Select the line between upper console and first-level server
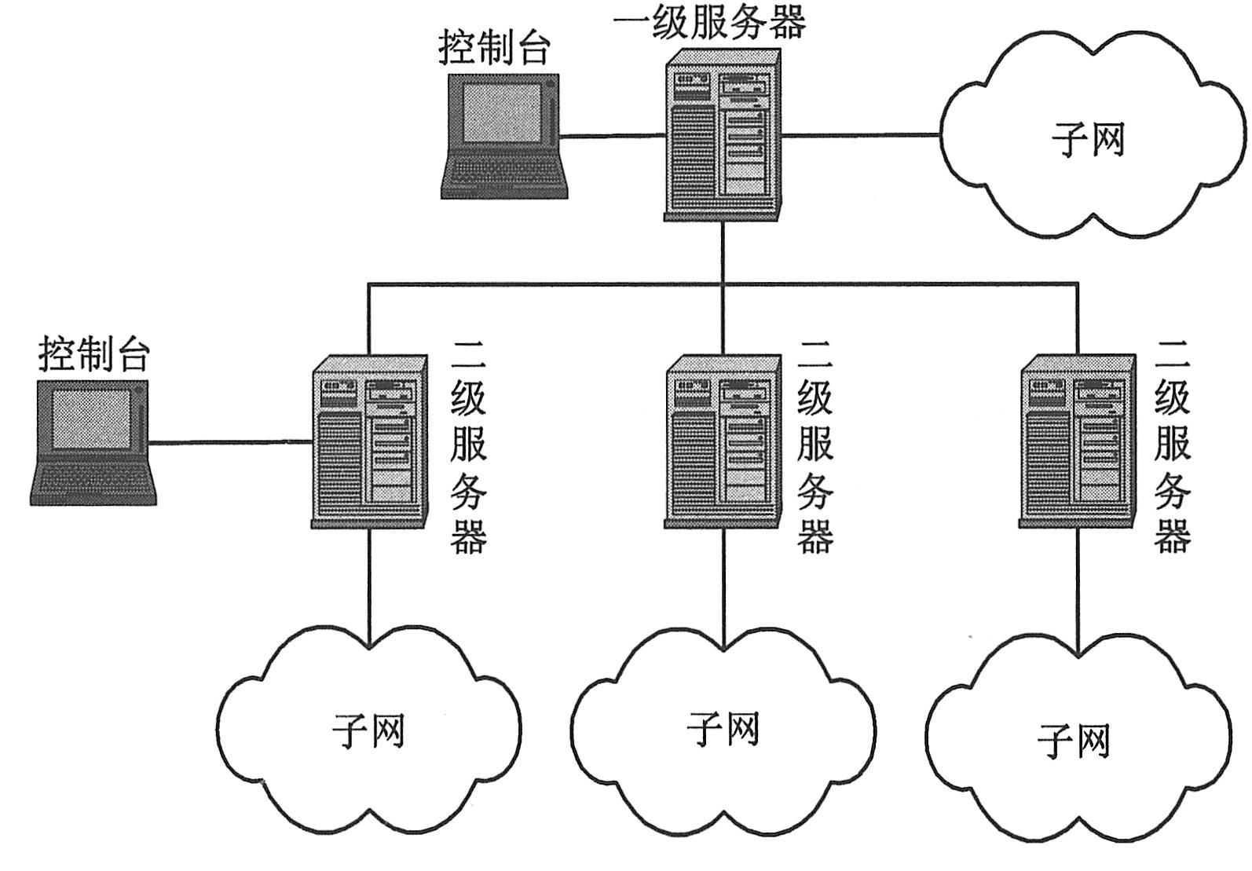pos(613,136)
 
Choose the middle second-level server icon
pos(723,441)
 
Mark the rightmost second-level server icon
pos(1077,441)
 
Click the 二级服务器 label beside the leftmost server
pos(469,446)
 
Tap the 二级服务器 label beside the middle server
pos(815,446)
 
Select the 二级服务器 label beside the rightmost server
pos(1172,446)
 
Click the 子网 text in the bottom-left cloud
pos(369,730)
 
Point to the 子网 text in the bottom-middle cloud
pos(723,729)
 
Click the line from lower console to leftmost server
pos(232,442)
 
